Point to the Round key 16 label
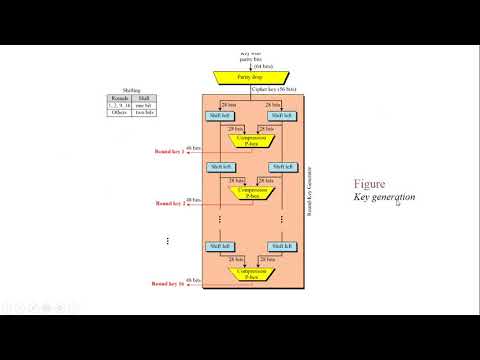170,284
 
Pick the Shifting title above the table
133,89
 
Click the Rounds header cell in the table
120,98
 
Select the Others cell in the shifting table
120,112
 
